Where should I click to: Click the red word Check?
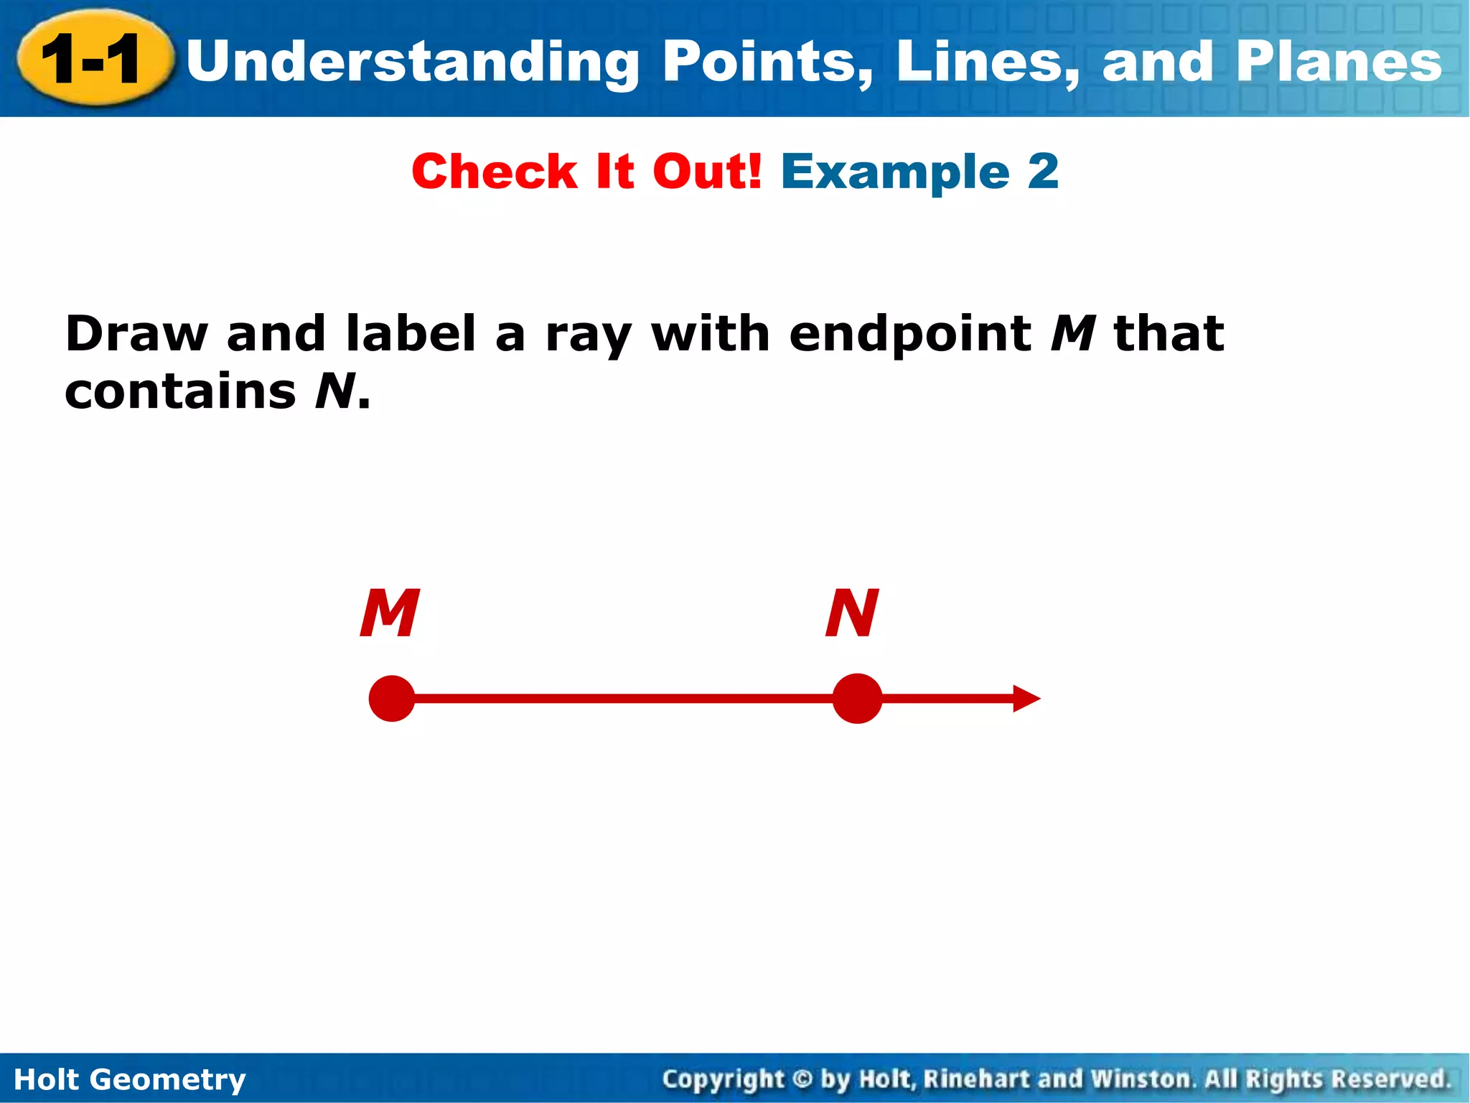[494, 172]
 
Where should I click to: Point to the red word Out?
[706, 172]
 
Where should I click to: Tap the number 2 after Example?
[1043, 172]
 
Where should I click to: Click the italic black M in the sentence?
[1073, 334]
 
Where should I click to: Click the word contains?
[180, 392]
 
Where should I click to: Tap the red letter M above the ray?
[389, 613]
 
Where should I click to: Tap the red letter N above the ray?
[852, 613]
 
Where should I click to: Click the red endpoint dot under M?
[392, 698]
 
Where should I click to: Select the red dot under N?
[857, 698]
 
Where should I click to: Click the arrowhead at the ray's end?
[1026, 698]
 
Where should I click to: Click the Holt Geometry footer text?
[130, 1079]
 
